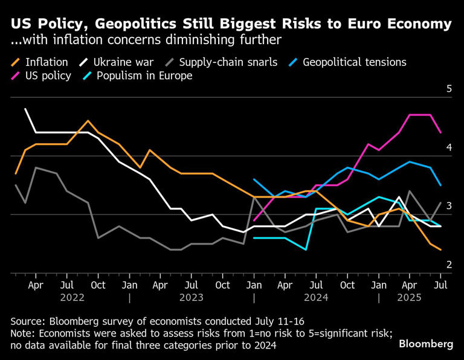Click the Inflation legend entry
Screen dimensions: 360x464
(x=46, y=62)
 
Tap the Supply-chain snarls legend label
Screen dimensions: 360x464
(x=228, y=62)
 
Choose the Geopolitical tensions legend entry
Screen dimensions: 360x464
(x=354, y=62)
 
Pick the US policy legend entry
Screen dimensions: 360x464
(x=48, y=76)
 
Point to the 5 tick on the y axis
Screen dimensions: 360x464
(x=449, y=89)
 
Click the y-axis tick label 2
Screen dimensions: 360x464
(x=449, y=265)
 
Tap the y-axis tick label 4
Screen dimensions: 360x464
(x=449, y=147)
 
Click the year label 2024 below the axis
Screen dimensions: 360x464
(x=317, y=297)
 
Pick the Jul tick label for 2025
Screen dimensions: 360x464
(x=441, y=284)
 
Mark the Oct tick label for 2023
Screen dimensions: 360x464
(x=223, y=284)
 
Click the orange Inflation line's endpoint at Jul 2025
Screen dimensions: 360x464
(x=440, y=249)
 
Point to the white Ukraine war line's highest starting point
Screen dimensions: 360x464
(x=25, y=109)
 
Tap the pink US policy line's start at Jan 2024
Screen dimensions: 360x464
(x=254, y=220)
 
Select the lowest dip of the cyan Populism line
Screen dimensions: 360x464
(x=306, y=249)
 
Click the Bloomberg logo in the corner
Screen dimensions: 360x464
(x=425, y=344)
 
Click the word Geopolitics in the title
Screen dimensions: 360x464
(x=121, y=24)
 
